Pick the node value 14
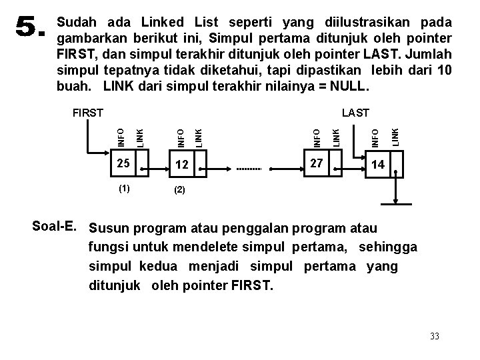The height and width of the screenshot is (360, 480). [377, 165]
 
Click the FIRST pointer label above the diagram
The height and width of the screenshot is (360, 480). [87, 113]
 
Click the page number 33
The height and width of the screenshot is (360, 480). [435, 336]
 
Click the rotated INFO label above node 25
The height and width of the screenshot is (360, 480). [121, 129]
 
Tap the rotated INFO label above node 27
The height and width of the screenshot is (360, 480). [318, 130]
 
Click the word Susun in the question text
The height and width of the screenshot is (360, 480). [111, 229]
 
